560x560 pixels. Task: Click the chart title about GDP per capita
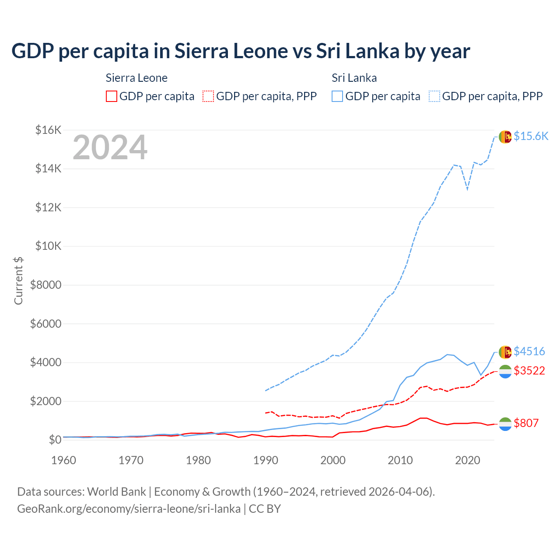[241, 51]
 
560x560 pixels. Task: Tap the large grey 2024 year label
[110, 147]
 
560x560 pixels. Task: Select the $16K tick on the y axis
[48, 130]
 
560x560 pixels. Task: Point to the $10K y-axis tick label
[48, 246]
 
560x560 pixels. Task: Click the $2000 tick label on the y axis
[45, 401]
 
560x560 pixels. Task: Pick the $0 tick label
[55, 440]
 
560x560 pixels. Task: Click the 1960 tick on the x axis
[64, 460]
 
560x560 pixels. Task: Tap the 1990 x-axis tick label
[266, 460]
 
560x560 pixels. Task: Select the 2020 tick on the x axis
[468, 460]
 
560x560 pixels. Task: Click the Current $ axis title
[18, 280]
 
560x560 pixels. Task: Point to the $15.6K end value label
[531, 136]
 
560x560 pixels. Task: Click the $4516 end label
[529, 351]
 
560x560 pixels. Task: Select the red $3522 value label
[529, 371]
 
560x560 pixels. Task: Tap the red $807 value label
[526, 423]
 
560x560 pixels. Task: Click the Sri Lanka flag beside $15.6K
[505, 136]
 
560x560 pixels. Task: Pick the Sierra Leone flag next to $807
[505, 423]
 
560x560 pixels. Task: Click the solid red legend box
[112, 96]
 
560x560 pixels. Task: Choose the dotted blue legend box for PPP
[434, 96]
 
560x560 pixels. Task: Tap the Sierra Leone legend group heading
[136, 78]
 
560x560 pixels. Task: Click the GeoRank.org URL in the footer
[129, 509]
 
